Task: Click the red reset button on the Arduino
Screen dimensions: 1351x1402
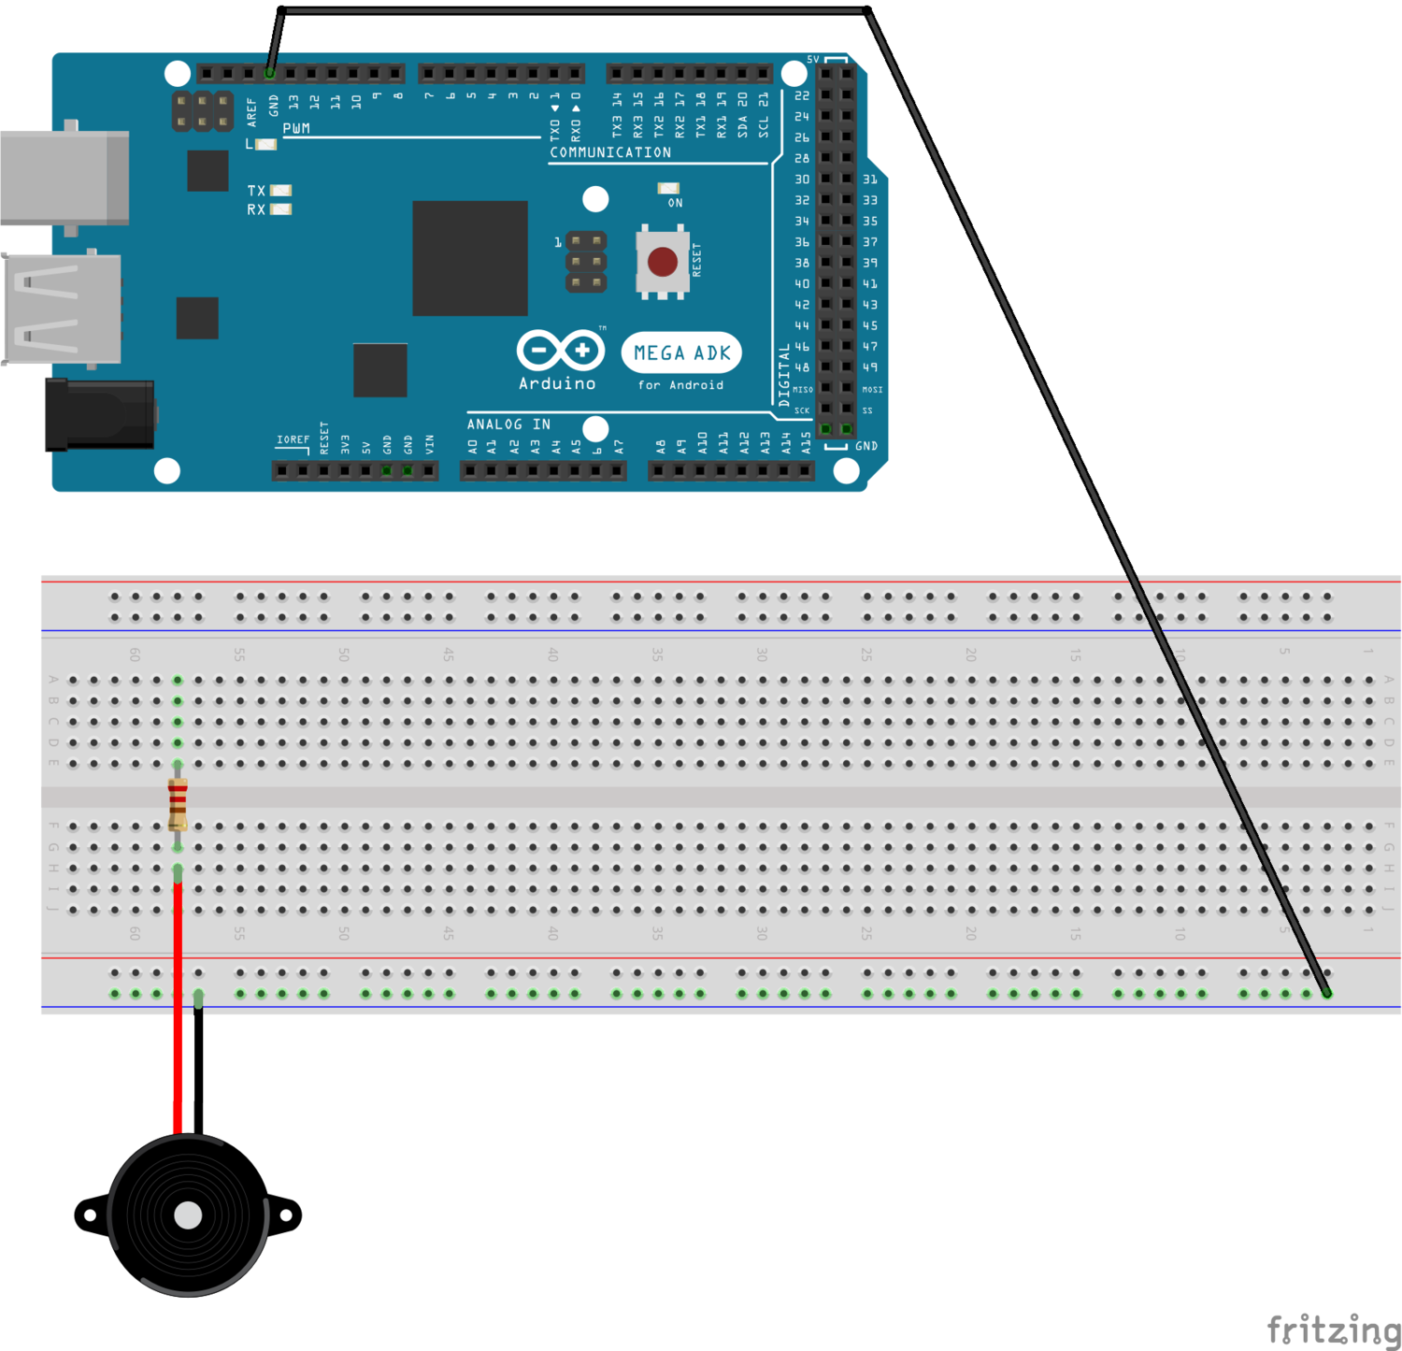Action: [662, 262]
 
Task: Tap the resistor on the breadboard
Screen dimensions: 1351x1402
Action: [178, 804]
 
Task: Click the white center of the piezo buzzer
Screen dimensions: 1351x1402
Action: [188, 1214]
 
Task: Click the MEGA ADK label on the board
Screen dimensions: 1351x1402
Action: [681, 352]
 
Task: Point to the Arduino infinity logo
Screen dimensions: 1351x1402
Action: [560, 351]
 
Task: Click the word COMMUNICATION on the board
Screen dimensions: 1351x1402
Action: [609, 152]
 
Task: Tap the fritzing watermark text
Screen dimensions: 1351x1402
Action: [1333, 1329]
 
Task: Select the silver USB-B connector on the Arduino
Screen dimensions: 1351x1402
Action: [64, 178]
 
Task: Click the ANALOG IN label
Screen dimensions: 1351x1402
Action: [508, 424]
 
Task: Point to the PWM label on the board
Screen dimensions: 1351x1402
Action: [296, 129]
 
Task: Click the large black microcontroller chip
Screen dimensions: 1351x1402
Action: [470, 258]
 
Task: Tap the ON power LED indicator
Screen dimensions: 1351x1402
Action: [668, 189]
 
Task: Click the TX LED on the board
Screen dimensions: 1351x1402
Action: [280, 191]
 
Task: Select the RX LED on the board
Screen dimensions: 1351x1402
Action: [280, 209]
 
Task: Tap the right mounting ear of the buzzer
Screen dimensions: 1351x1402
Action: [285, 1214]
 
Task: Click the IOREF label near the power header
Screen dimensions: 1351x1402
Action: [293, 439]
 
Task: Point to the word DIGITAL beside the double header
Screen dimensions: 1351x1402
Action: [784, 374]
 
